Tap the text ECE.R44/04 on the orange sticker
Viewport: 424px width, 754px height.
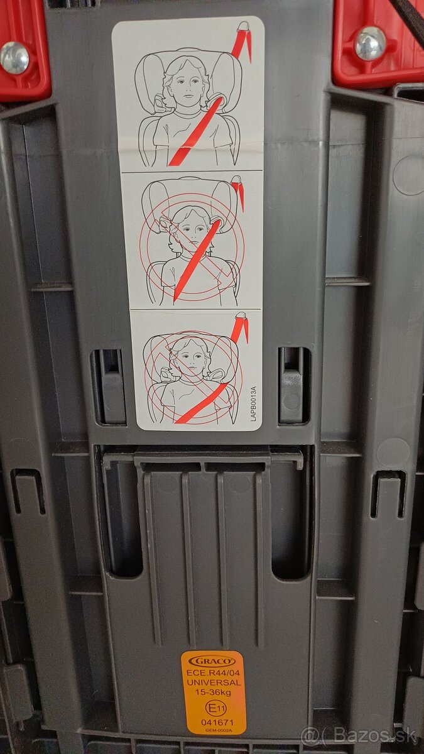click(213, 674)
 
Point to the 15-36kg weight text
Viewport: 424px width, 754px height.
click(214, 692)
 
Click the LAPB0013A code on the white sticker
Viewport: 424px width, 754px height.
click(253, 403)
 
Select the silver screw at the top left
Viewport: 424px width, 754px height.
click(14, 58)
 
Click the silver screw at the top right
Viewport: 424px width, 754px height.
click(371, 43)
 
